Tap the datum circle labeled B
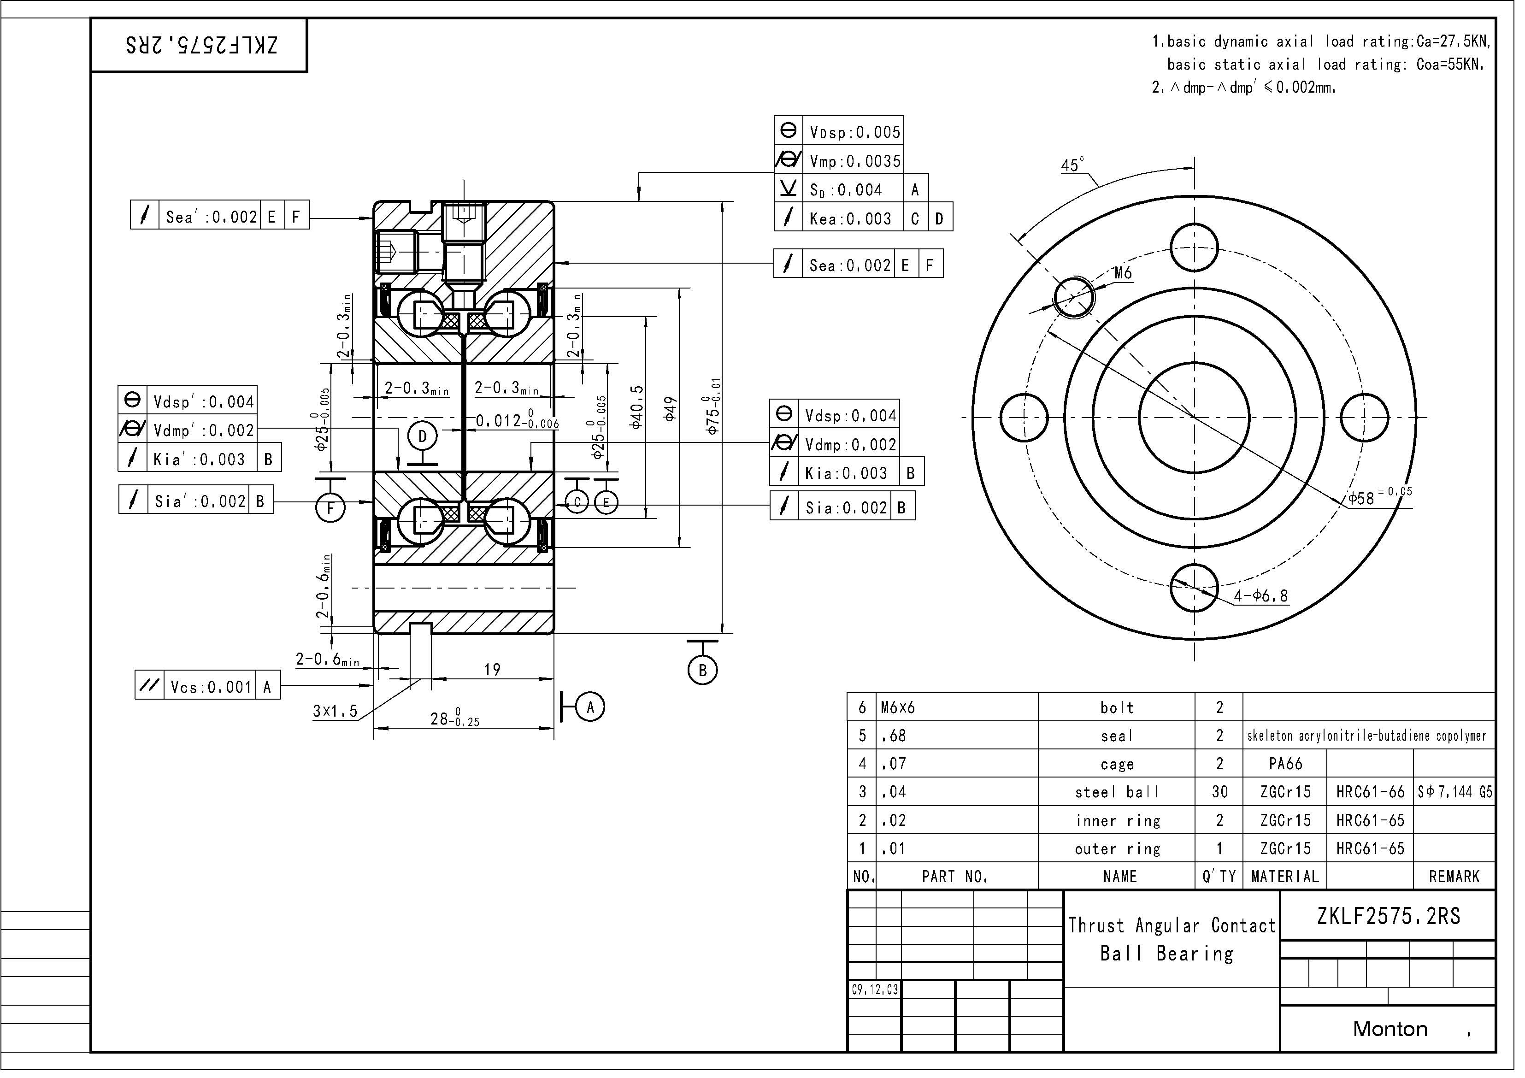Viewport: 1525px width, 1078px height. click(707, 675)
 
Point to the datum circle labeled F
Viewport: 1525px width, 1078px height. click(333, 512)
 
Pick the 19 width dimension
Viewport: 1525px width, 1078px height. click(495, 673)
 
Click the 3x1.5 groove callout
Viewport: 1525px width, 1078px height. click(337, 716)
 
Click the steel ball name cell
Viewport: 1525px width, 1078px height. click(1125, 797)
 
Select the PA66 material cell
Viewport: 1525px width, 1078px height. click(1294, 768)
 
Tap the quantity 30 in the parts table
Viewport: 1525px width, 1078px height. click(1227, 797)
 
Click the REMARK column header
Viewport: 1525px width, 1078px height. click(1463, 882)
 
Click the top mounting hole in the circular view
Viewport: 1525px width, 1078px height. click(1202, 249)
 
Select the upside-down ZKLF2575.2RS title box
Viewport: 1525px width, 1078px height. click(200, 46)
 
